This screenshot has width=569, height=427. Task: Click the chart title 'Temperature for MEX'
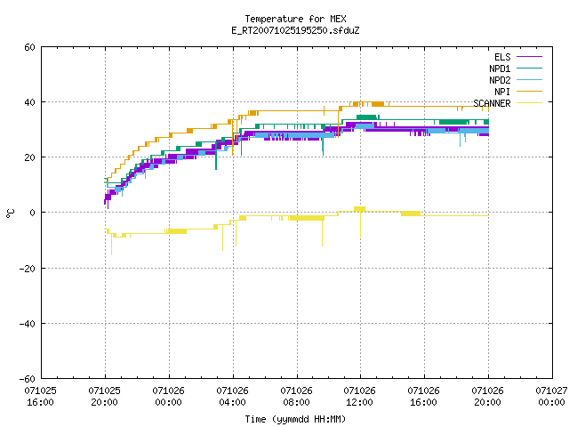(295, 19)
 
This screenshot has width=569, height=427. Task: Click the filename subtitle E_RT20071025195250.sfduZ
(295, 30)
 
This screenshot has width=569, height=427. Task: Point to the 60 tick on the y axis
(29, 47)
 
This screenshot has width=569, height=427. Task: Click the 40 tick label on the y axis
(29, 102)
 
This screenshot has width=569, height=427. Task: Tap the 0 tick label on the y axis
(33, 213)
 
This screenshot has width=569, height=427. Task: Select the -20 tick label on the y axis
(28, 269)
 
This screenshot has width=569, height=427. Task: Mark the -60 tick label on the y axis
(28, 379)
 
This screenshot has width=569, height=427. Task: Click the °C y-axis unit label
(10, 213)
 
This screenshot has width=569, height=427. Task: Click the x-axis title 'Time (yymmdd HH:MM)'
(295, 419)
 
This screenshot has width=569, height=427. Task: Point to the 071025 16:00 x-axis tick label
(40, 397)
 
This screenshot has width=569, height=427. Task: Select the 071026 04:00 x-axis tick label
(232, 397)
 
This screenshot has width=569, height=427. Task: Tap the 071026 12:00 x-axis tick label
(359, 397)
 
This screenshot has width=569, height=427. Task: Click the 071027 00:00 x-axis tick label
(551, 397)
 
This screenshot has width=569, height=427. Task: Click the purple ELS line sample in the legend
(529, 57)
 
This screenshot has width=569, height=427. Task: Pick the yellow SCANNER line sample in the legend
(529, 103)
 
